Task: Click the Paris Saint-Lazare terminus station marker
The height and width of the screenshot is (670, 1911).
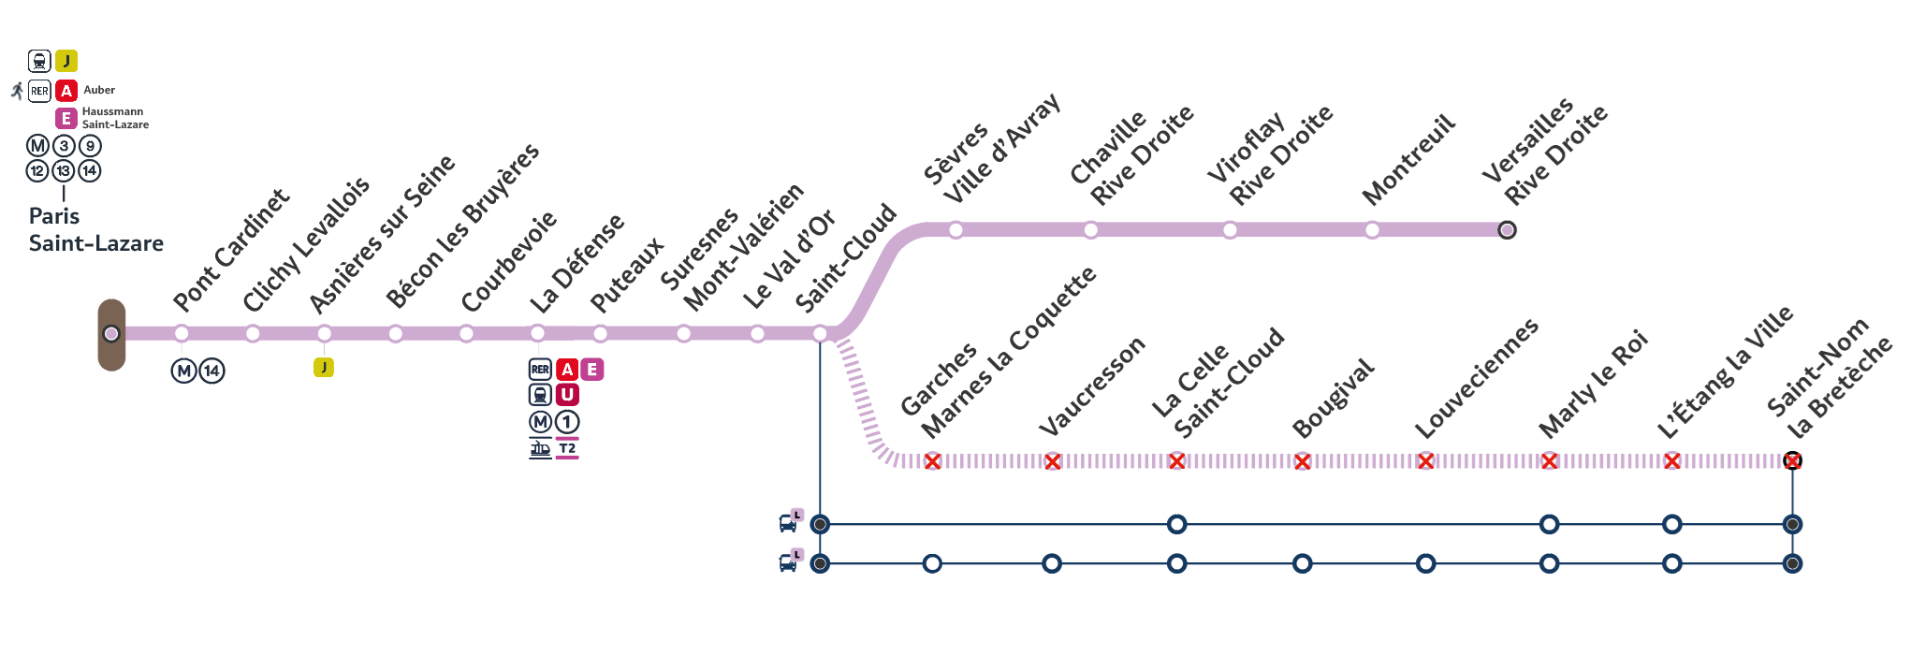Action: [x=111, y=334]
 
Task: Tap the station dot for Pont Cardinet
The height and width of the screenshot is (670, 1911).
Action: [x=182, y=334]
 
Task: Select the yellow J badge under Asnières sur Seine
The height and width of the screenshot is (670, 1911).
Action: [x=324, y=368]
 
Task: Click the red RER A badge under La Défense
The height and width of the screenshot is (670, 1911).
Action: [x=567, y=370]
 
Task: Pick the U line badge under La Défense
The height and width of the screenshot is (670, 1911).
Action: [x=567, y=395]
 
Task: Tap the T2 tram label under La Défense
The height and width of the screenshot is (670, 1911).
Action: [x=567, y=449]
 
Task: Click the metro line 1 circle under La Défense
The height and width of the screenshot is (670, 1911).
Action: [x=567, y=422]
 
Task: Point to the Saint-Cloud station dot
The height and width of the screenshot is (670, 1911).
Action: [x=820, y=334]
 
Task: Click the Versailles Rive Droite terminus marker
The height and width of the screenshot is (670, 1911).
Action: [x=1507, y=230]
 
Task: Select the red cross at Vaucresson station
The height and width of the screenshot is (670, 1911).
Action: [x=1053, y=461]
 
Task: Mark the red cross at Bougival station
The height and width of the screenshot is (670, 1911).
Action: [x=1302, y=461]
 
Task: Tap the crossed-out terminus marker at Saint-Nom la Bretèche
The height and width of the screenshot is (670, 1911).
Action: [x=1792, y=460]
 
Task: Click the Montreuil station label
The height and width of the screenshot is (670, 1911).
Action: [x=1408, y=159]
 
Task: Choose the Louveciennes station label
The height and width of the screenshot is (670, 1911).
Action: [x=1476, y=378]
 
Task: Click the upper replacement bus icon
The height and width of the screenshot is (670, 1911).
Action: [x=788, y=523]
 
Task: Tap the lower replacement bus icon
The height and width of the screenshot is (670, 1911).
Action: [x=788, y=562]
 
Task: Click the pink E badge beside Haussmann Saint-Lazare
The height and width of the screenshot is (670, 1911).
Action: [x=66, y=118]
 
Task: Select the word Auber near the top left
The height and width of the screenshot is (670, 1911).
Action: [x=99, y=90]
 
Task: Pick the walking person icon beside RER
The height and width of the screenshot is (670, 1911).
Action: [x=17, y=91]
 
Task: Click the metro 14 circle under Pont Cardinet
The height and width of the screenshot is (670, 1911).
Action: [x=212, y=371]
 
